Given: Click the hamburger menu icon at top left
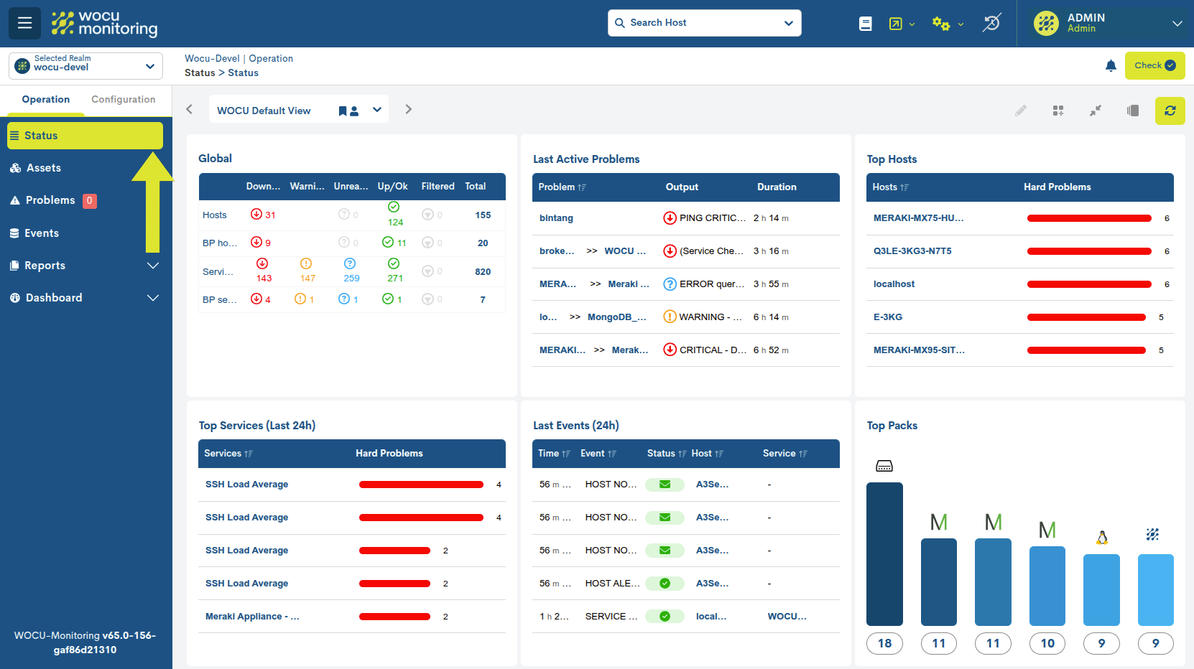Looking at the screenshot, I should [x=24, y=23].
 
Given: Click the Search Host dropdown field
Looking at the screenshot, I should [x=704, y=23].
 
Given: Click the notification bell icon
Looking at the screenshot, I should [x=1111, y=66].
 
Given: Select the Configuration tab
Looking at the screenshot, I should [x=123, y=100].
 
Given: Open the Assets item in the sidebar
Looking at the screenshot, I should [x=43, y=168].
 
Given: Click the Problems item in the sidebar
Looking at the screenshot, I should [x=50, y=200].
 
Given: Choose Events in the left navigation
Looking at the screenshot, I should [x=41, y=233].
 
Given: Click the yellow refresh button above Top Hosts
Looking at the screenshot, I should [x=1170, y=111].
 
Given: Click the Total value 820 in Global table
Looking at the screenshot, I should [x=482, y=272].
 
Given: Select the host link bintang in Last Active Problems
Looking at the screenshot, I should [x=556, y=218].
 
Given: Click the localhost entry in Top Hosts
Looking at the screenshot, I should [x=894, y=284].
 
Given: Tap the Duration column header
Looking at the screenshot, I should [x=776, y=187].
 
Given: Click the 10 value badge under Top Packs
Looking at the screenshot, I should [x=1047, y=643].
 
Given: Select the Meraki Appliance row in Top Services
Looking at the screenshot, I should [x=252, y=617].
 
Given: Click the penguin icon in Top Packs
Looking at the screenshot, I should [x=1101, y=537].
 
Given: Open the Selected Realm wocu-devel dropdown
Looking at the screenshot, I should [x=85, y=66].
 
